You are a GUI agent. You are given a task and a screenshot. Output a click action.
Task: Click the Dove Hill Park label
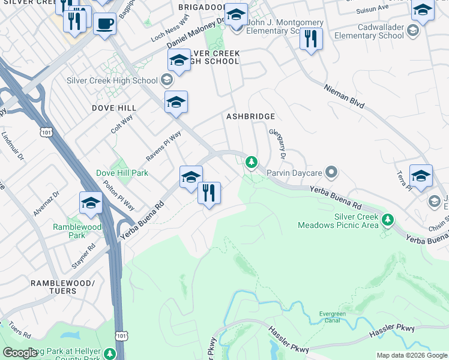[122, 173]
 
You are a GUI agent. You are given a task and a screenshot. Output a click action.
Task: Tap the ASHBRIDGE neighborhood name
[250, 116]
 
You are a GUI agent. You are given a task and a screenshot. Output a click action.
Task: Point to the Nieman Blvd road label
[344, 96]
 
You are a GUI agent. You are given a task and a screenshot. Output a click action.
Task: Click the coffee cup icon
[105, 24]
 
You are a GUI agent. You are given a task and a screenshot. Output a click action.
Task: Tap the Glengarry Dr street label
[279, 143]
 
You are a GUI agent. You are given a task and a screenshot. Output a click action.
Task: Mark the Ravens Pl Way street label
[163, 146]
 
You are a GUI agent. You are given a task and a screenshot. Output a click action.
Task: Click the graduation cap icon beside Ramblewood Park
[91, 203]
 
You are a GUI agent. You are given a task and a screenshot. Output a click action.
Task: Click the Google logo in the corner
[20, 353]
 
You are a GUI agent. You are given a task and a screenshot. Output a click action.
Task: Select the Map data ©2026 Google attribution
[411, 355]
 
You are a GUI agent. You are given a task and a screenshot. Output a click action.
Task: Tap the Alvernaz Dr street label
[47, 204]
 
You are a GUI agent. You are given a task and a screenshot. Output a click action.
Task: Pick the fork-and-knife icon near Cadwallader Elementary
[311, 39]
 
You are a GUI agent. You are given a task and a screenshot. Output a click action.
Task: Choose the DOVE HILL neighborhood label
[113, 107]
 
